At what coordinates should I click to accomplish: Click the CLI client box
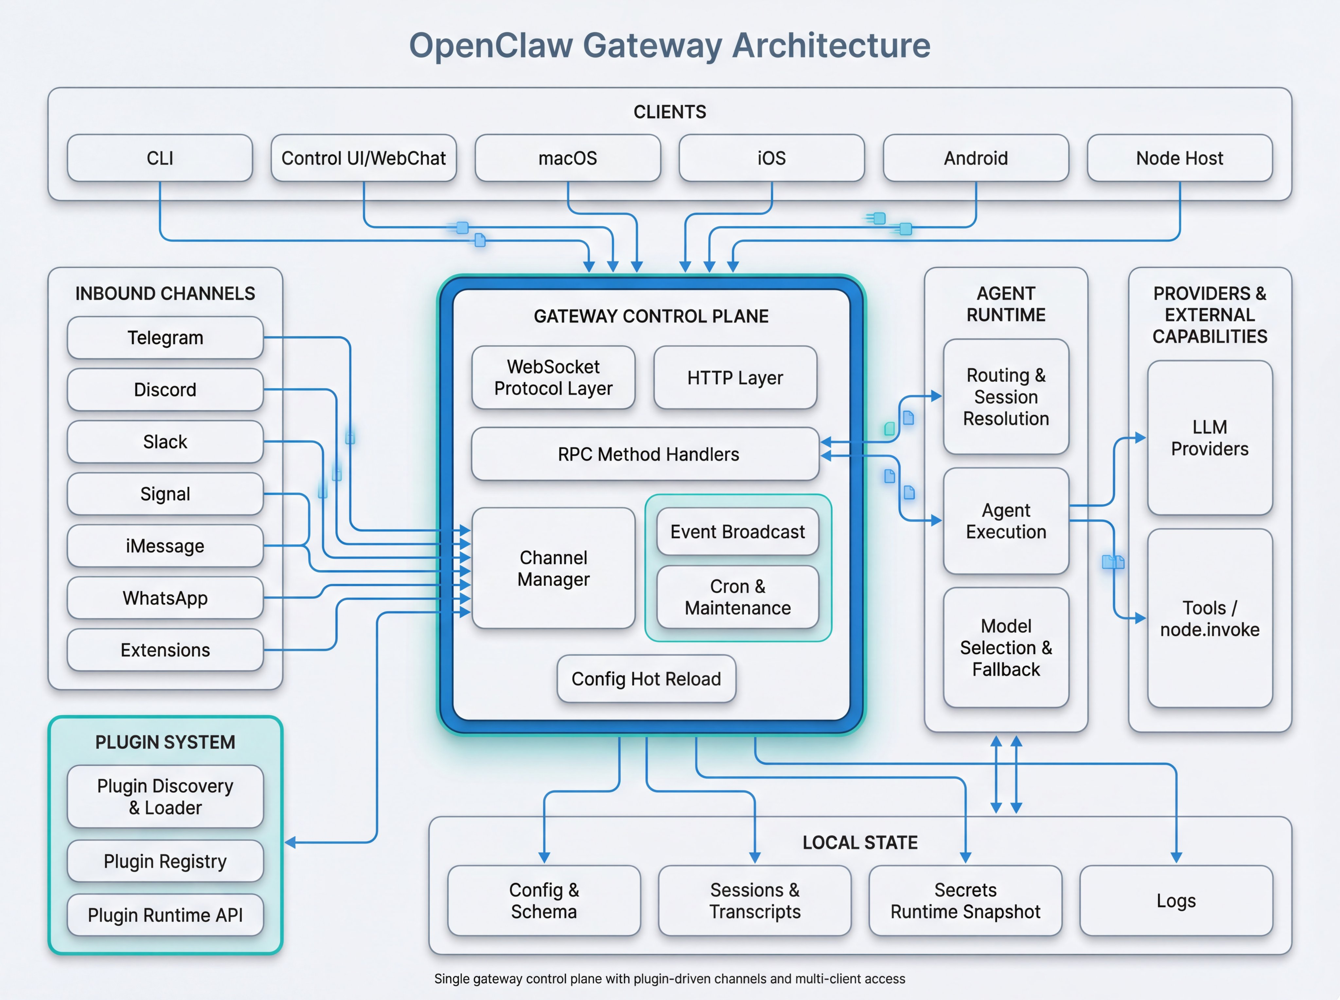click(160, 158)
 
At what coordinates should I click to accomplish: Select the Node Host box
click(1180, 158)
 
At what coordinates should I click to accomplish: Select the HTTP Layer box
click(734, 378)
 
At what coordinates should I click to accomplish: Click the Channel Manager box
click(553, 568)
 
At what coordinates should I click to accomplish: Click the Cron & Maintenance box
click(737, 597)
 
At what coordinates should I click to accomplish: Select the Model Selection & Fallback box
click(1006, 647)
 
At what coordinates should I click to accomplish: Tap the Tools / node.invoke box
click(1209, 618)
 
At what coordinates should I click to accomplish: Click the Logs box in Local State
click(1175, 900)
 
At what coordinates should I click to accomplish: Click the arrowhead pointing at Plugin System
click(291, 842)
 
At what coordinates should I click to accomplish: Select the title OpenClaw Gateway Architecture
click(670, 45)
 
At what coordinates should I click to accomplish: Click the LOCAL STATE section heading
click(860, 842)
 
